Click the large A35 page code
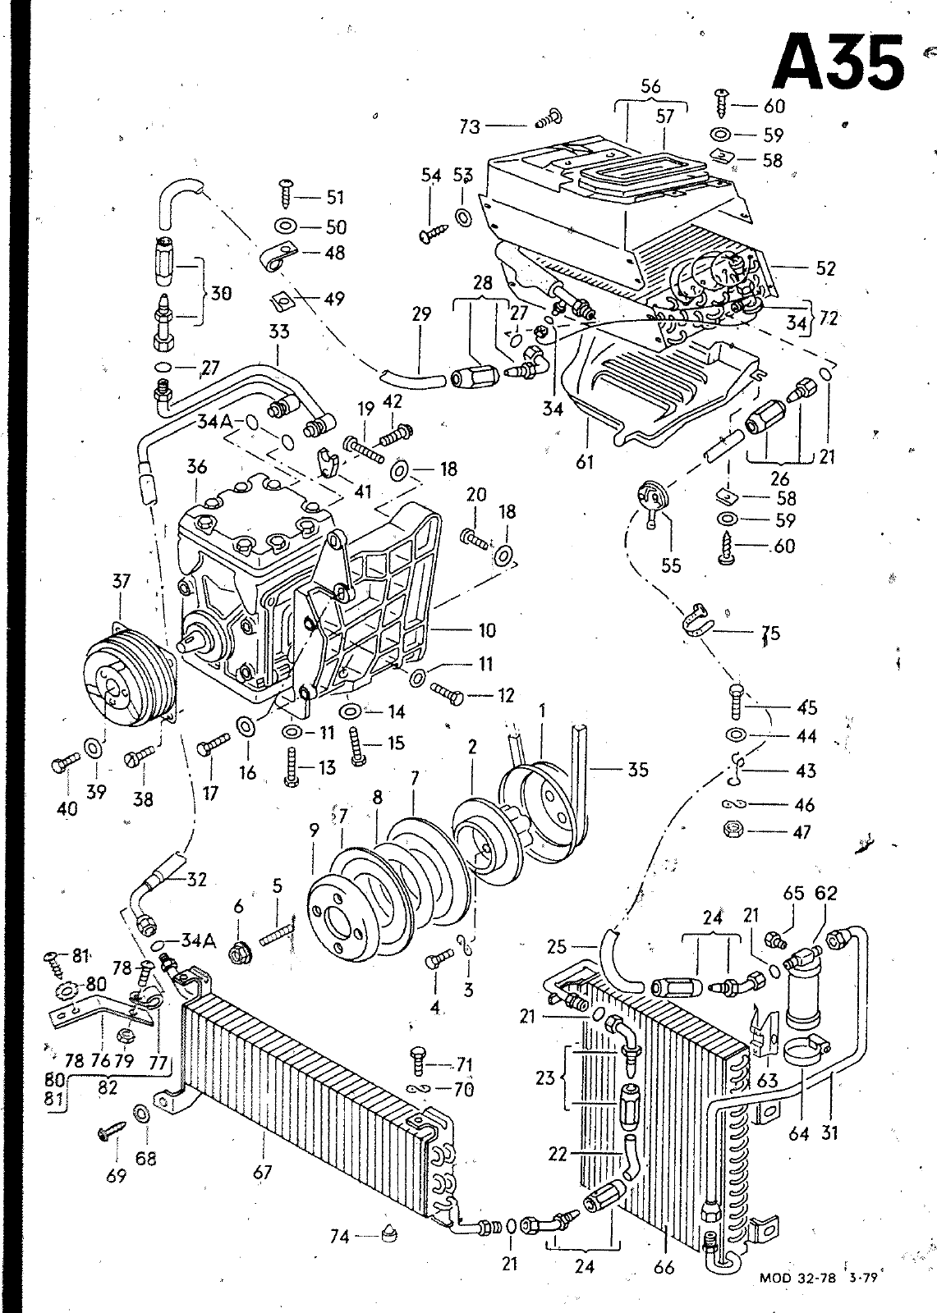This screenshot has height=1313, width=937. click(838, 63)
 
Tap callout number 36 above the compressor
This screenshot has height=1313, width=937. click(197, 467)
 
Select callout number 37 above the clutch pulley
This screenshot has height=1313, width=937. click(121, 582)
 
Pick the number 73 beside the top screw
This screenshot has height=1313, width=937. click(470, 126)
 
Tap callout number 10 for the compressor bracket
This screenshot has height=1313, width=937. click(487, 631)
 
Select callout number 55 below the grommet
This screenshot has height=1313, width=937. click(671, 565)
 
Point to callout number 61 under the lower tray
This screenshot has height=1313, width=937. click(585, 463)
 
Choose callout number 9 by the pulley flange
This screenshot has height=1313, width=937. click(315, 830)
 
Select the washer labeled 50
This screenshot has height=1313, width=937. click(286, 225)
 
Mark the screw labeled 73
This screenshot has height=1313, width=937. click(549, 118)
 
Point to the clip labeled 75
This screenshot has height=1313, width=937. click(696, 619)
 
